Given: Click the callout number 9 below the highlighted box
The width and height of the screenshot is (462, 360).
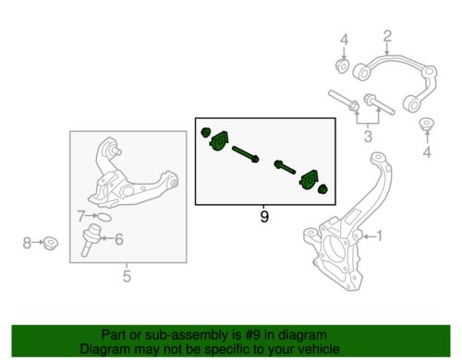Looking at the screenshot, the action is pyautogui.click(x=264, y=217).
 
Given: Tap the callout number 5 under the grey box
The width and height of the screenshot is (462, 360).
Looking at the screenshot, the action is pyautogui.click(x=127, y=276).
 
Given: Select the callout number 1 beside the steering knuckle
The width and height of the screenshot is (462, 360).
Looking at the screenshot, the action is pyautogui.click(x=380, y=236).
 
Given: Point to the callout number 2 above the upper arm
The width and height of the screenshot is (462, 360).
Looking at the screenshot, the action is pyautogui.click(x=387, y=36).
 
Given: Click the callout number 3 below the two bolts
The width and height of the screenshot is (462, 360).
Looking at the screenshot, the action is pyautogui.click(x=368, y=136).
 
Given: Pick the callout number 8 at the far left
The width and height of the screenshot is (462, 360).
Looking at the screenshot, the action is pyautogui.click(x=27, y=243).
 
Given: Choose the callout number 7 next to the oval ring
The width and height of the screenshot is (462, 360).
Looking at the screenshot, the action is pyautogui.click(x=81, y=216).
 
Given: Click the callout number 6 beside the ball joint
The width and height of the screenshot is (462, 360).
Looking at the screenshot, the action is pyautogui.click(x=119, y=239).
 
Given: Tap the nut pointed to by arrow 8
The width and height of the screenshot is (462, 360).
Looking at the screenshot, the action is pyautogui.click(x=51, y=244).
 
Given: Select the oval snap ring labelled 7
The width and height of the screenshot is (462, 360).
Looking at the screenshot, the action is pyautogui.click(x=104, y=218).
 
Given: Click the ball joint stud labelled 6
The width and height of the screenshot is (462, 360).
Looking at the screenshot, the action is pyautogui.click(x=91, y=241).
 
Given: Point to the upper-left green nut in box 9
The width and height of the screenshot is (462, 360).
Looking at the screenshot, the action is pyautogui.click(x=205, y=133).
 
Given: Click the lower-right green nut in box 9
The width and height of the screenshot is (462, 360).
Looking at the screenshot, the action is pyautogui.click(x=322, y=189).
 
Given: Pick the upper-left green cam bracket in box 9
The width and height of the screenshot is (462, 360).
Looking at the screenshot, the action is pyautogui.click(x=220, y=141).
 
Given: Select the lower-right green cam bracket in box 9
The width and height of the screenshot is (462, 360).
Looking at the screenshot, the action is pyautogui.click(x=310, y=180).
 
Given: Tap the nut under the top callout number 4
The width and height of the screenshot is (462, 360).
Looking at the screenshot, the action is pyautogui.click(x=342, y=66).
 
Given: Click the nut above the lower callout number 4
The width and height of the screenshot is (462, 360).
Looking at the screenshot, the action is pyautogui.click(x=427, y=124).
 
